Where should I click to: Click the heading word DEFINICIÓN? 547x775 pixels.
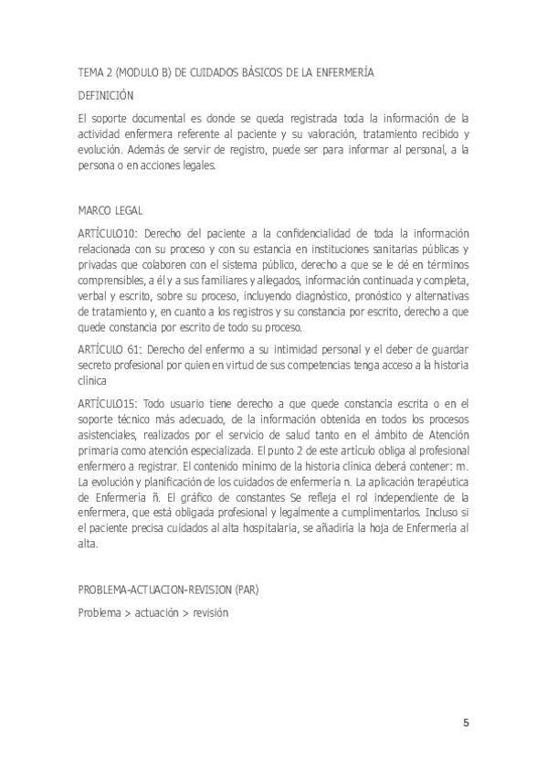[x=106, y=94]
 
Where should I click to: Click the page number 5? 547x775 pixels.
[x=467, y=723]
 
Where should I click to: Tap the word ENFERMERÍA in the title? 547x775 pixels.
[x=341, y=71]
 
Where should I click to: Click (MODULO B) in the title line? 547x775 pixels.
[x=142, y=71]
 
